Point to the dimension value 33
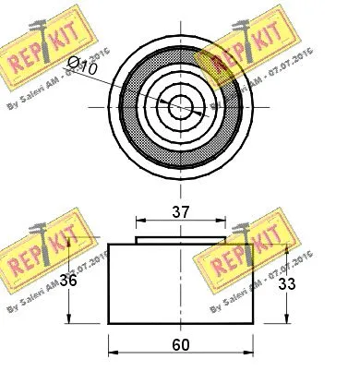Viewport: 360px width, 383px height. pos(288,283)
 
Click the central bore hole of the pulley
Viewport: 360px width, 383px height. pos(181,104)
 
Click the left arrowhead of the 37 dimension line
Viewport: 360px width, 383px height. pos(139,221)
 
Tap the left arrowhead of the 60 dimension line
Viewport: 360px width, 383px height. pos(113,354)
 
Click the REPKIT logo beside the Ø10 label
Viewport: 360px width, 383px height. pos(46,46)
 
